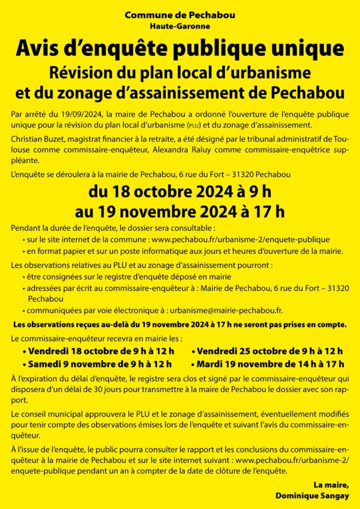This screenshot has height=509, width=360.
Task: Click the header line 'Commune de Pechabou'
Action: click(180, 15)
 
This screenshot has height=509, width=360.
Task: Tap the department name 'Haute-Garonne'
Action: click(180, 26)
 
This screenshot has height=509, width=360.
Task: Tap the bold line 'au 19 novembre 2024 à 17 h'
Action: click(180, 212)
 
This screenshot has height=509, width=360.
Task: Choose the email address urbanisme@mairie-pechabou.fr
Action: click(227, 310)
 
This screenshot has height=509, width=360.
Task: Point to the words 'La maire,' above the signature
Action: click(330, 485)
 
